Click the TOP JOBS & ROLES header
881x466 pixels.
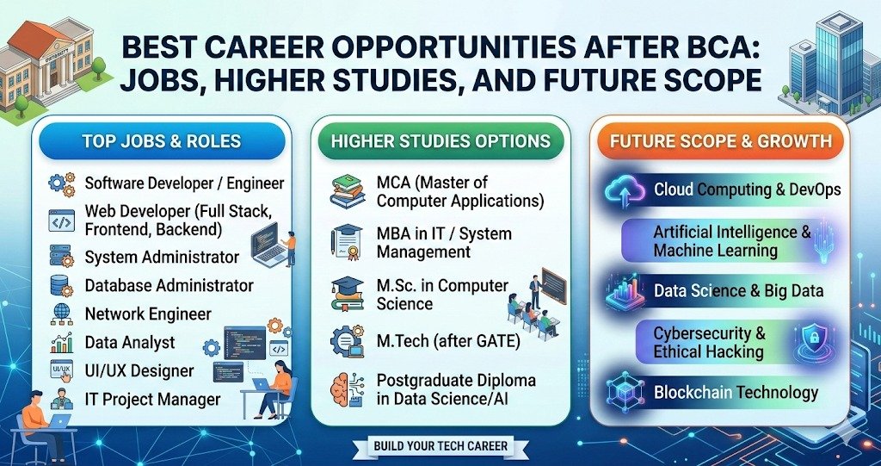(162, 140)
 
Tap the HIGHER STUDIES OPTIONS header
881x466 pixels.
(440, 140)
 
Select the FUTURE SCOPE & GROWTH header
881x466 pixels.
(721, 140)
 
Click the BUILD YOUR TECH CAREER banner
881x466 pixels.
(440, 445)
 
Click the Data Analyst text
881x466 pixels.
(130, 342)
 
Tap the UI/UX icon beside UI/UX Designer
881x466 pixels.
(62, 371)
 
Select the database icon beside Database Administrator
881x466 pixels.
(62, 285)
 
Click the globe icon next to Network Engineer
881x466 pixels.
(62, 314)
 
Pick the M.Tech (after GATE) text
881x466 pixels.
(448, 341)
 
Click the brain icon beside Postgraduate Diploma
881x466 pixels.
(348, 388)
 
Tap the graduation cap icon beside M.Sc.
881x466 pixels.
(348, 294)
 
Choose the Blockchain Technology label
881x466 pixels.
(736, 393)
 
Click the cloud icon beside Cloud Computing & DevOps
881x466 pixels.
(625, 190)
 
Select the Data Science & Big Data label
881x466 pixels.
(738, 291)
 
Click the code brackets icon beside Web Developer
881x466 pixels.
(62, 220)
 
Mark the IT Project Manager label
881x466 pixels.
(152, 399)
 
